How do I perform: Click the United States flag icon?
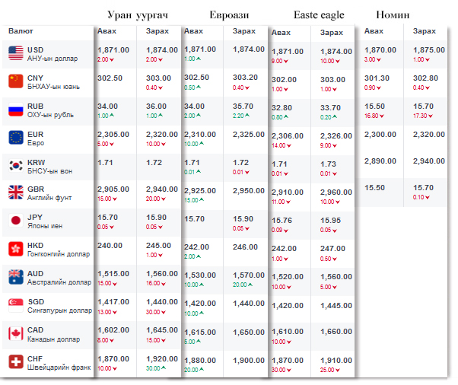tap(16, 52)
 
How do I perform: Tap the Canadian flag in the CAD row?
tap(16, 333)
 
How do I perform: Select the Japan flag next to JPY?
tap(16, 221)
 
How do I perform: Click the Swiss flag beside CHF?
tap(16, 362)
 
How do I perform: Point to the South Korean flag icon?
tap(16, 165)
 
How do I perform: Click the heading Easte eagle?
tap(319, 14)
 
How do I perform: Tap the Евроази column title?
tap(228, 14)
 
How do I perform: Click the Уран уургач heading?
tap(137, 14)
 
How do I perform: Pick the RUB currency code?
tap(35, 106)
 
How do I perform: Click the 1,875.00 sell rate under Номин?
tap(428, 49)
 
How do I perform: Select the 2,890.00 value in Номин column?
tap(380, 161)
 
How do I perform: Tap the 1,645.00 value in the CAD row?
tap(162, 330)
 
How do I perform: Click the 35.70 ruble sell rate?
tap(244, 107)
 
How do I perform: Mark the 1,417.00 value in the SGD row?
tap(113, 302)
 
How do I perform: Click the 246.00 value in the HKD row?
tap(246, 247)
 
